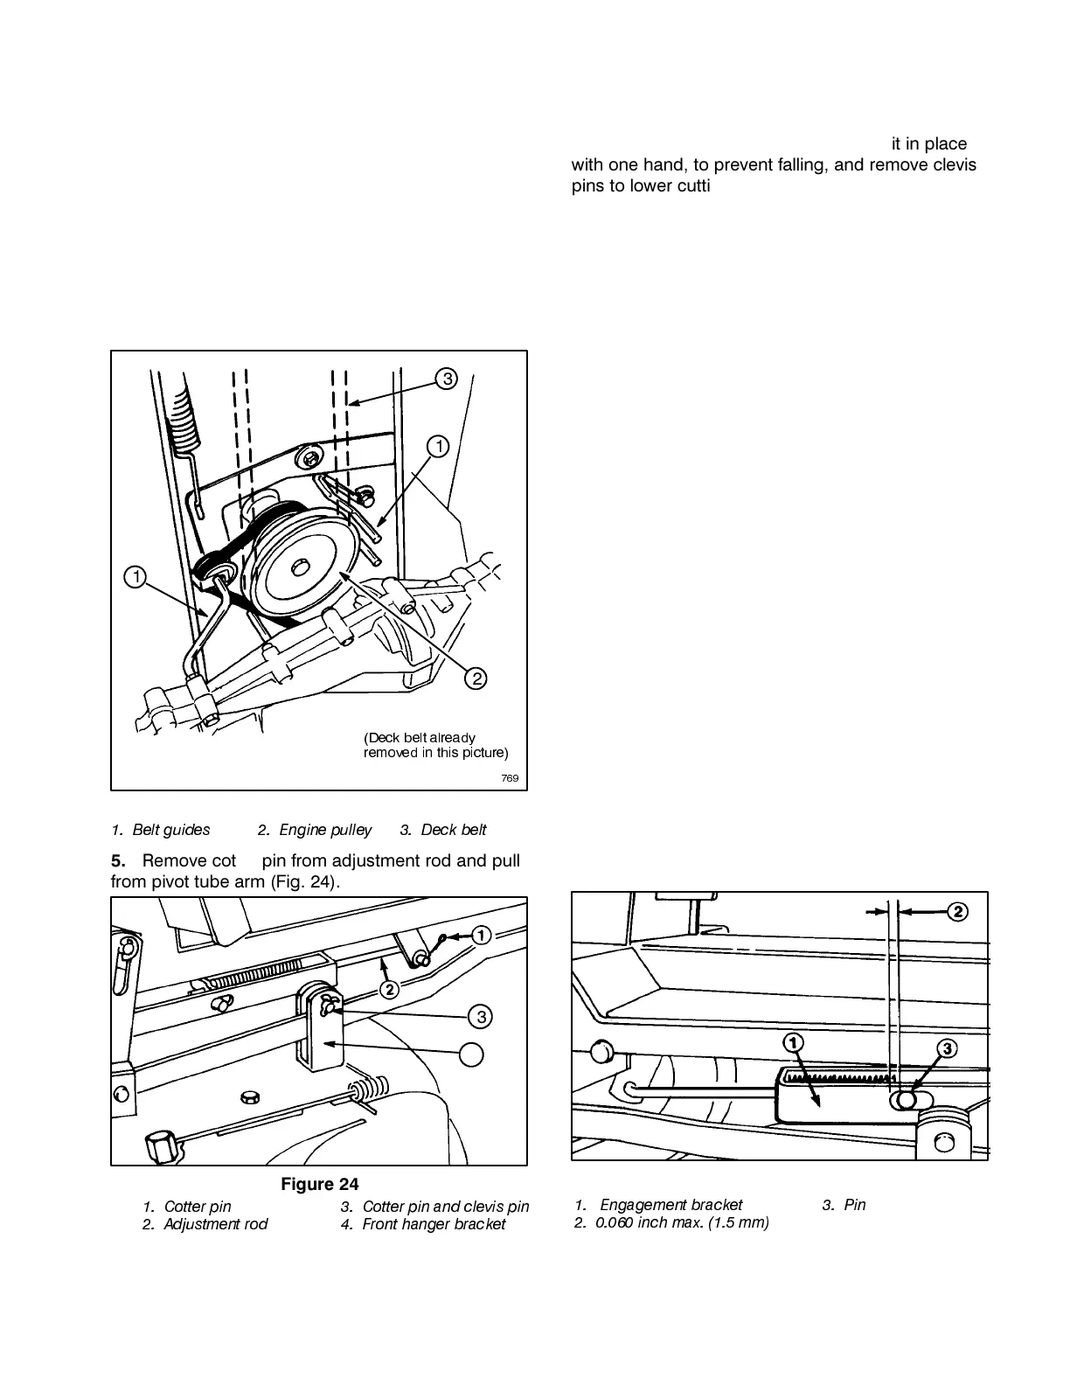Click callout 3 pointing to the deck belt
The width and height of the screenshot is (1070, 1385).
tap(446, 379)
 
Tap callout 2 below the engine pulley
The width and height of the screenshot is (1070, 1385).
tap(475, 678)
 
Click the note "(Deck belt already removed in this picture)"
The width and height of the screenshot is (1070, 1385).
tap(435, 745)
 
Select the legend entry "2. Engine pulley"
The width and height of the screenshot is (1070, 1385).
tap(315, 830)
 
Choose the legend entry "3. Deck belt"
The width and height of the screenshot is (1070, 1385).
tap(443, 830)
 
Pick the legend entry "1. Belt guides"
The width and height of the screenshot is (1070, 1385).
tap(161, 830)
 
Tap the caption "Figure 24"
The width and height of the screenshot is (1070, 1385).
tap(319, 1185)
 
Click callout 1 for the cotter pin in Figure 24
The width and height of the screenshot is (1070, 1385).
tap(480, 936)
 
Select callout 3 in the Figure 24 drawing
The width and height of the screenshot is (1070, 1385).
tap(480, 1016)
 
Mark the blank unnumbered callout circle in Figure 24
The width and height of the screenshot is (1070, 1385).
tap(472, 1054)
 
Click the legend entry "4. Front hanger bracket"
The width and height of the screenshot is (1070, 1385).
tap(423, 1224)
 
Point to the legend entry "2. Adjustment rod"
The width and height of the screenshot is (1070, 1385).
tap(205, 1224)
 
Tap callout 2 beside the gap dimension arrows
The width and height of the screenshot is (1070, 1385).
tap(958, 911)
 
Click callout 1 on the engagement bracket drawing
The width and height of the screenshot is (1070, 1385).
tap(793, 1043)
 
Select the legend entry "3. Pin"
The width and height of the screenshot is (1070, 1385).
tap(844, 1205)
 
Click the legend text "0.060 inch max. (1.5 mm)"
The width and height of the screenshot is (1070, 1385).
tap(673, 1222)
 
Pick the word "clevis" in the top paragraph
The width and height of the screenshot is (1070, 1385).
tap(952, 164)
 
